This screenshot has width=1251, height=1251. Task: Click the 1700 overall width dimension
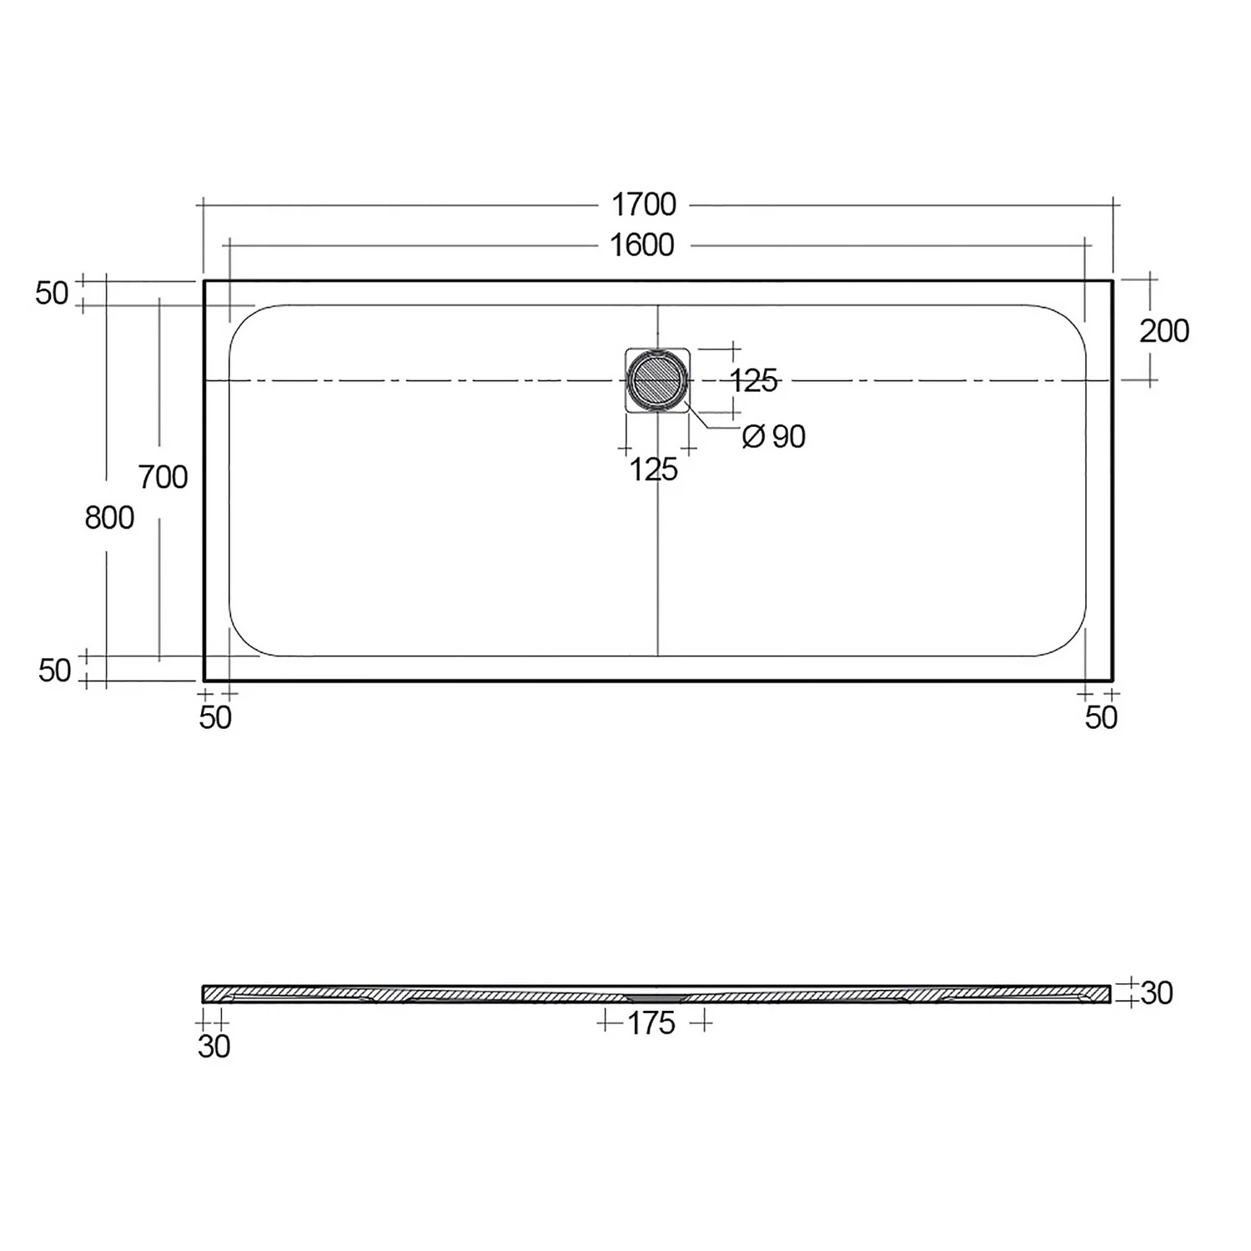coord(643,204)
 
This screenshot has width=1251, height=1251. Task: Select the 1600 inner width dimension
coord(641,245)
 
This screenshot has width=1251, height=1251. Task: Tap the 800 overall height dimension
coord(109,518)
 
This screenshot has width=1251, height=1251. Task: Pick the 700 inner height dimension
coord(163,478)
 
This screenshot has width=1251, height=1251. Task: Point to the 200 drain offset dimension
coord(1163,331)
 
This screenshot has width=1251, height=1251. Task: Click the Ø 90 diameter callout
coord(774,436)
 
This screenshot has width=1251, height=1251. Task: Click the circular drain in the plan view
coord(657,381)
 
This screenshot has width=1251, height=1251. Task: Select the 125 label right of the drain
coord(753,381)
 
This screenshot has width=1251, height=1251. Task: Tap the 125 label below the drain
coord(653,470)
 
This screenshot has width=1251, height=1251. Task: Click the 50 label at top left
coord(52,294)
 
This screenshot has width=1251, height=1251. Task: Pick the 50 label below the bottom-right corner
coord(1101,717)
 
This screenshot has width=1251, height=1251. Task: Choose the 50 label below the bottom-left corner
coord(215,717)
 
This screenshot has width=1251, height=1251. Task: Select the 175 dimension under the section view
coord(651,1023)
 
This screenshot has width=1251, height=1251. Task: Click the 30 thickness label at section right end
coord(1156,992)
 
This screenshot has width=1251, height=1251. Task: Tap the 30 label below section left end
coord(214,1047)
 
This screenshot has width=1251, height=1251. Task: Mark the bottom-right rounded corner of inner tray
coord(1074,644)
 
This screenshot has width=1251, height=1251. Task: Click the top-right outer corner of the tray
coord(1112,281)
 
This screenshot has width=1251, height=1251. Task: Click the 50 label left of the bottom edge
coord(55,671)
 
